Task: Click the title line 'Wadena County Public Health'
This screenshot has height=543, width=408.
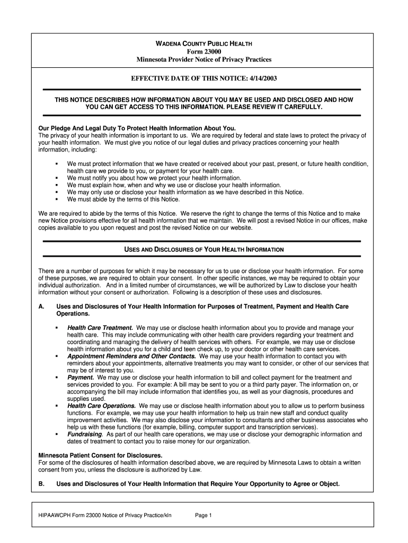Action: coord(203,43)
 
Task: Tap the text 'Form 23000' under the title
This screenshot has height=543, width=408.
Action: coord(203,51)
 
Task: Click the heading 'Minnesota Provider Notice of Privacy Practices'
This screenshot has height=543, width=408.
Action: coord(203,59)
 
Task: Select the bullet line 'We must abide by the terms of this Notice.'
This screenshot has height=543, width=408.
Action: coord(123,199)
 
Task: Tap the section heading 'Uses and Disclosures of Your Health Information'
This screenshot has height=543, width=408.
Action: coord(203,249)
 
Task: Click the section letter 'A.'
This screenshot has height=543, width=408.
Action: coord(42,306)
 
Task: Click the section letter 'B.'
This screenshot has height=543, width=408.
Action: coord(42,484)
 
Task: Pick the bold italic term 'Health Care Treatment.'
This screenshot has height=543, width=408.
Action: coord(100,328)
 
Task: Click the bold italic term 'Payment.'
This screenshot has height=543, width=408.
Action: coord(81,378)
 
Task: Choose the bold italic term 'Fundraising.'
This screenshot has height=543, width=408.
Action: coord(85,434)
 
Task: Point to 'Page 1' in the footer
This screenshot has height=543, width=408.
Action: coord(203,515)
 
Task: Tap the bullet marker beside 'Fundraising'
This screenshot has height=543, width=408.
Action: coord(56,434)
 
